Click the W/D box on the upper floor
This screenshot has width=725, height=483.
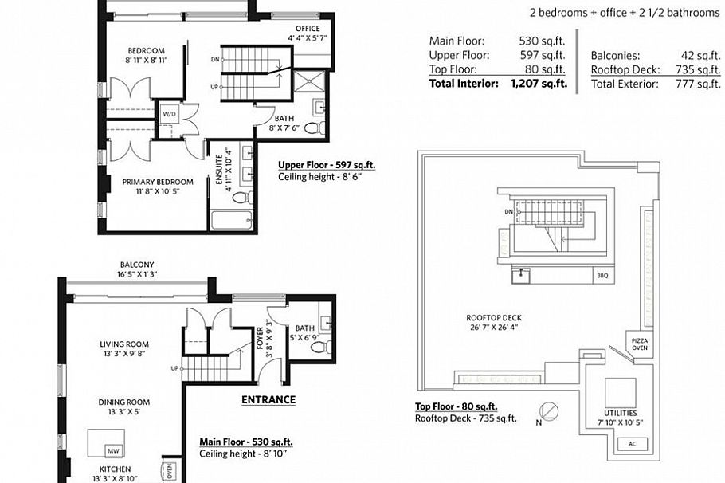pos(169,114)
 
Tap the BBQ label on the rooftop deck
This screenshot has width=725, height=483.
pos(600,277)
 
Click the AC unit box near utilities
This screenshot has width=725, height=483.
pos(632,443)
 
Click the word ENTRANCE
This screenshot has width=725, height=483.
pos(268,400)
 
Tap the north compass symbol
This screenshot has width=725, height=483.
pos(548,412)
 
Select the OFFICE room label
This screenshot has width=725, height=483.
pos(304,29)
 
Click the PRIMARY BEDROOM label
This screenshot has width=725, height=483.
pos(158,182)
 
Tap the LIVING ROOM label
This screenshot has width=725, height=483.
pos(124,344)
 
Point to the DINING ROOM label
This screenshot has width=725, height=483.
pos(124,402)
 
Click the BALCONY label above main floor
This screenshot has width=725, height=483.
pos(136,265)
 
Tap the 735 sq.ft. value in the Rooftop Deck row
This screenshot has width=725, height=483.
pos(700,69)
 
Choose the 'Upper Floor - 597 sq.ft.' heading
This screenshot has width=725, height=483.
pos(326,167)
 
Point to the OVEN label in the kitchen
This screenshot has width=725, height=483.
pos(169,471)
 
